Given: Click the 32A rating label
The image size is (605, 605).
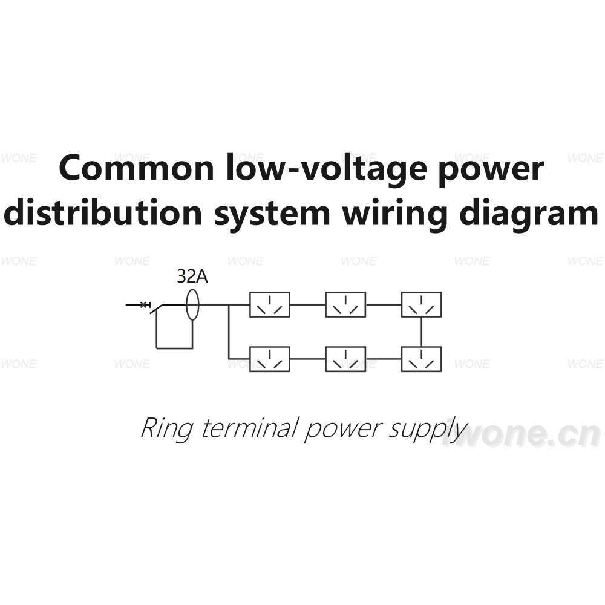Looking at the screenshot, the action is pyautogui.click(x=192, y=276).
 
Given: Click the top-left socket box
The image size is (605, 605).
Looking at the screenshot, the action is pyautogui.click(x=270, y=304).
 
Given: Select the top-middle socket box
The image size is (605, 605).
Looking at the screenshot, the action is pyautogui.click(x=345, y=304).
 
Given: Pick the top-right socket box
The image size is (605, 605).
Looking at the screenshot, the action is pyautogui.click(x=421, y=304).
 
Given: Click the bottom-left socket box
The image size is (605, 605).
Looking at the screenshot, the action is pyautogui.click(x=270, y=359).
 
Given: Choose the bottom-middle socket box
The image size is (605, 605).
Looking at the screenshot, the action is pyautogui.click(x=345, y=359).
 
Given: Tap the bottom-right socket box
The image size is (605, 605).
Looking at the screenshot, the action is pyautogui.click(x=421, y=359).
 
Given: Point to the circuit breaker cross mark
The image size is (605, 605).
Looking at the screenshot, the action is pyautogui.click(x=144, y=305).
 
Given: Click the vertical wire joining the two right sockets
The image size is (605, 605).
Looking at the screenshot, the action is pyautogui.click(x=421, y=332).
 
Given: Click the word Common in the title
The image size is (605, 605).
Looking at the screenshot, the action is pyautogui.click(x=136, y=168).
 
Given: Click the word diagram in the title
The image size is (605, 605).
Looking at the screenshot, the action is pyautogui.click(x=529, y=214).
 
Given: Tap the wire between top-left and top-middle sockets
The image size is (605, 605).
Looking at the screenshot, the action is pyautogui.click(x=307, y=305).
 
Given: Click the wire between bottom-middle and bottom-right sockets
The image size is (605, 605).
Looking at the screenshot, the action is pyautogui.click(x=384, y=359).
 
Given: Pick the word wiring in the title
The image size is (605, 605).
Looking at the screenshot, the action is pyautogui.click(x=395, y=214).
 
